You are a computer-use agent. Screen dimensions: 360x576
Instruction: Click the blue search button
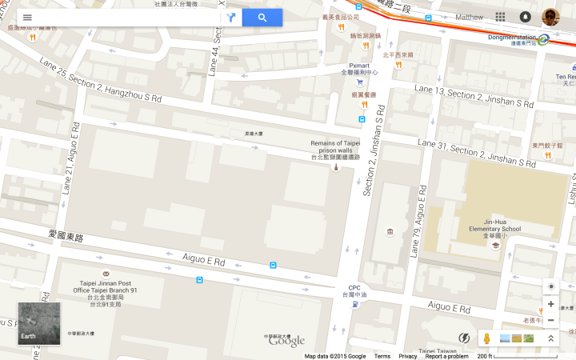click(262, 18)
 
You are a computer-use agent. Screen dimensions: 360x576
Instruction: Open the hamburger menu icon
click(27, 18)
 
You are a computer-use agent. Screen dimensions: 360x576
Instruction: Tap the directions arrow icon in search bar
click(231, 18)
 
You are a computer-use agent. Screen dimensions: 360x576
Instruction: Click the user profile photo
click(550, 17)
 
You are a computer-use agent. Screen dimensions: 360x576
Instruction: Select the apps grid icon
click(500, 17)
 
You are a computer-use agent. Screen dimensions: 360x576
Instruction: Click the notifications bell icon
click(525, 17)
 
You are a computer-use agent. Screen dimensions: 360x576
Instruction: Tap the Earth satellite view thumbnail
click(38, 322)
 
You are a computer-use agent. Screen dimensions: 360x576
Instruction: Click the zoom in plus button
click(550, 304)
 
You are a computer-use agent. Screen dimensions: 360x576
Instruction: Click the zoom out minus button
click(550, 320)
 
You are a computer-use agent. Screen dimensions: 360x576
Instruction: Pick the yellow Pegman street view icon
click(487, 338)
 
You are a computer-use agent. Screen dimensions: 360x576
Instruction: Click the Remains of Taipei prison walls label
click(335, 150)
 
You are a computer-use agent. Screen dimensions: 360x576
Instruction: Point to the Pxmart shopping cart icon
click(360, 82)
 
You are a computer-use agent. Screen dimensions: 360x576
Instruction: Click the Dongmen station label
click(512, 37)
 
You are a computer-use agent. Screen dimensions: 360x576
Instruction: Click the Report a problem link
click(446, 356)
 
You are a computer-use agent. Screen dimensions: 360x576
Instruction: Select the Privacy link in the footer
click(407, 356)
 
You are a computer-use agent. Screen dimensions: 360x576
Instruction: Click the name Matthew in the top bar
click(469, 17)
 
